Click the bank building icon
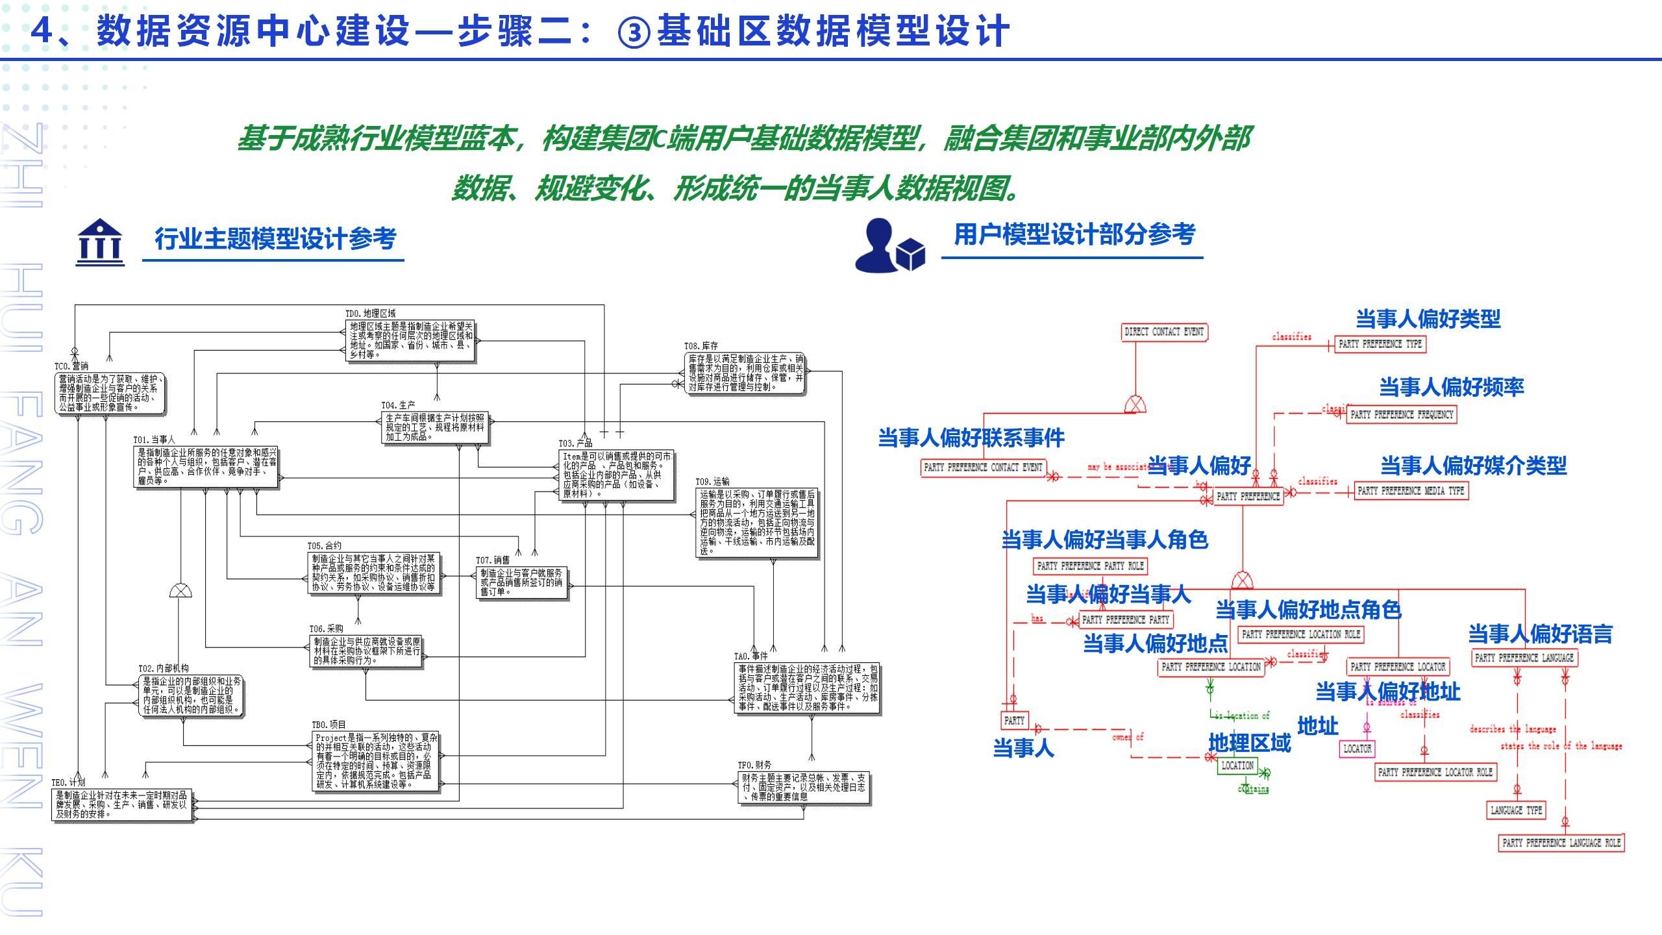(99, 242)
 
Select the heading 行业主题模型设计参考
(275, 239)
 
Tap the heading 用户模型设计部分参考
(1074, 234)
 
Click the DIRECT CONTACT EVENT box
(1164, 332)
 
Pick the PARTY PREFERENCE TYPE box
(1380, 344)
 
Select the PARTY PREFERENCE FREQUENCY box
(1401, 414)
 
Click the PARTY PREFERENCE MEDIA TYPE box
(1411, 491)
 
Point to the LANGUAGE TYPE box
(1515, 810)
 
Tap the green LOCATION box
(1237, 766)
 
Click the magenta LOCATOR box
(1357, 749)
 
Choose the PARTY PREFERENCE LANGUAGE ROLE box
(1561, 843)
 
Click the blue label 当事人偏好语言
(1540, 633)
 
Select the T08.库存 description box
(745, 373)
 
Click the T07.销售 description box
(523, 582)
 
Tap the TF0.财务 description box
(804, 787)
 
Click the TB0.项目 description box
(377, 761)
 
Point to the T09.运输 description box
(757, 523)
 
